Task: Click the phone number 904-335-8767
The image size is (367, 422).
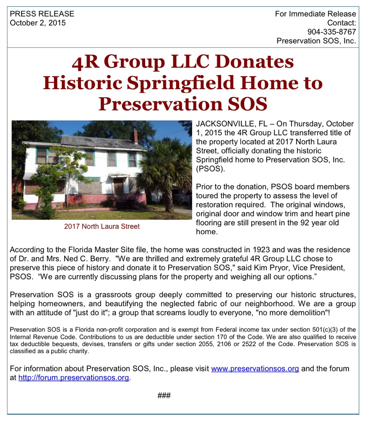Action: [332, 32]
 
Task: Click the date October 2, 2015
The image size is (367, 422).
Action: [38, 23]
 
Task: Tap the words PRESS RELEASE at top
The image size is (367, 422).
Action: [42, 14]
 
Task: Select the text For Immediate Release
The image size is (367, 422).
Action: [315, 14]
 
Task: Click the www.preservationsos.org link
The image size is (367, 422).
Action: [255, 368]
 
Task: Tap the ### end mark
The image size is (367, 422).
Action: [164, 396]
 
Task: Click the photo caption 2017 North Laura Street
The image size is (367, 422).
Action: [102, 226]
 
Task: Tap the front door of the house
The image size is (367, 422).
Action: [118, 189]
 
